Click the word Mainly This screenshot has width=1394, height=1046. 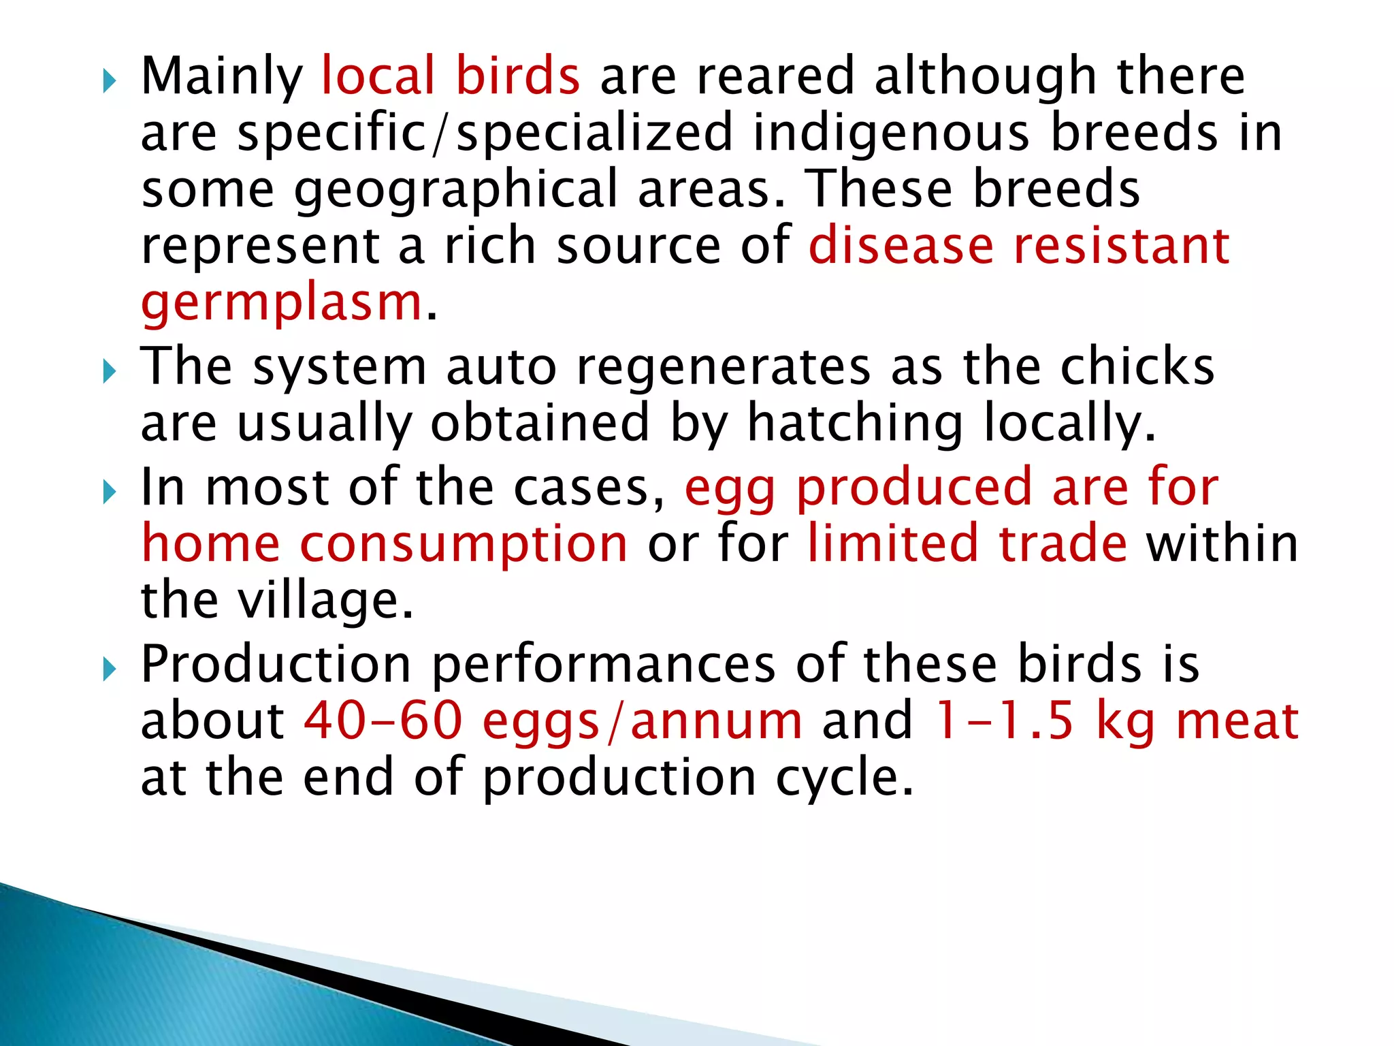222,76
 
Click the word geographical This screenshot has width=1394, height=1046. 455,189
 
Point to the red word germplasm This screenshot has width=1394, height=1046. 282,302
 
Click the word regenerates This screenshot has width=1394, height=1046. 723,366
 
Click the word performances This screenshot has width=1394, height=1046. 604,664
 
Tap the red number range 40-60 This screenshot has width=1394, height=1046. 383,720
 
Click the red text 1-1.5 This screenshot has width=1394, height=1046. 1004,720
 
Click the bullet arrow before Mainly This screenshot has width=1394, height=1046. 110,83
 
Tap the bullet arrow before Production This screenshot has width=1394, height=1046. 110,671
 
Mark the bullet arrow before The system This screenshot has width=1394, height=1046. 110,373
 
